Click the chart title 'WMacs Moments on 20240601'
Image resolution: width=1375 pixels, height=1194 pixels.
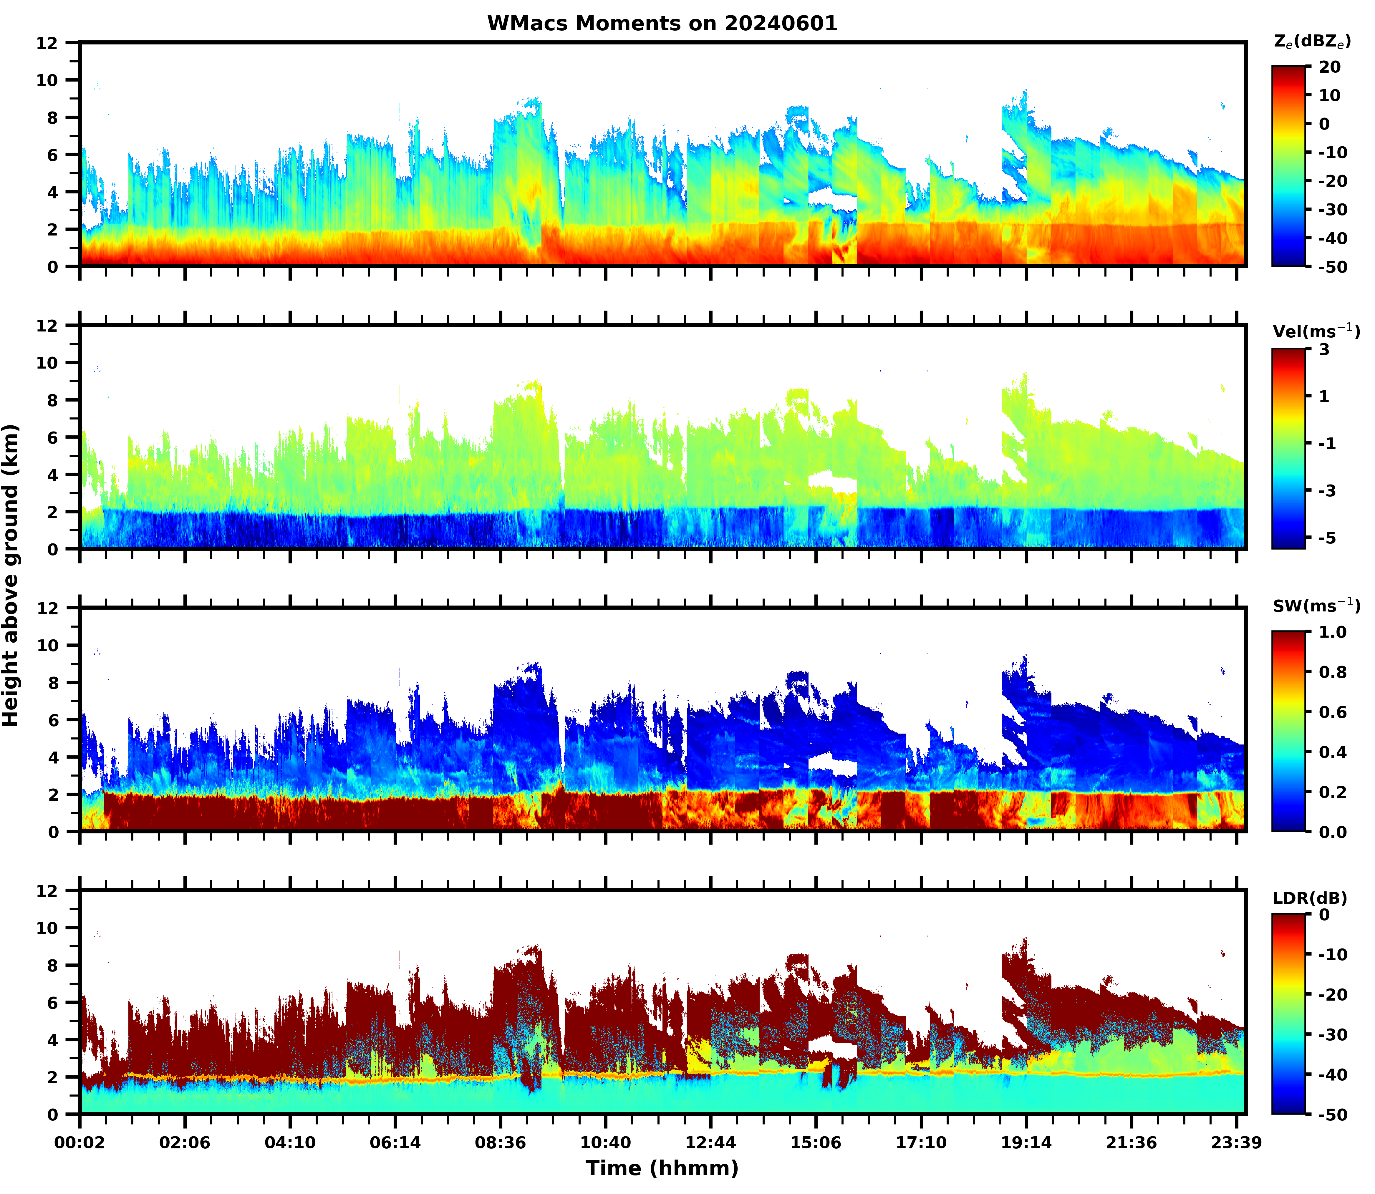[x=662, y=23]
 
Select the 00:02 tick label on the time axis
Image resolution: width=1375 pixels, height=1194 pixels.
[x=80, y=1143]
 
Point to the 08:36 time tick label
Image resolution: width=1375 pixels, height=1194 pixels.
[x=501, y=1143]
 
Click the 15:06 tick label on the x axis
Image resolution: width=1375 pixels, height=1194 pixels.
[x=816, y=1143]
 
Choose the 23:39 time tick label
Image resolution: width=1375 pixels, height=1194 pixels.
[x=1236, y=1143]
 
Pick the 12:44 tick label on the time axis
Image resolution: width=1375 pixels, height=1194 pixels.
[x=710, y=1143]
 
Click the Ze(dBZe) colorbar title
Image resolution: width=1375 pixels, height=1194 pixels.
[x=1312, y=41]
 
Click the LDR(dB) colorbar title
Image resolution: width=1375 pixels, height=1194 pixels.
[x=1310, y=898]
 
